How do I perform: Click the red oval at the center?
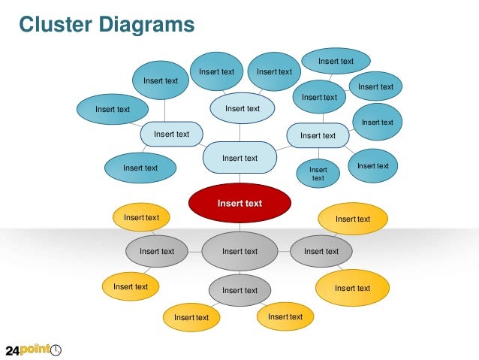[239, 202]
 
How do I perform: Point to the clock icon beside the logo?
[56, 349]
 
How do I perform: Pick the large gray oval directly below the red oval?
[239, 251]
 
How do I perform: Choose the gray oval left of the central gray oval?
[156, 251]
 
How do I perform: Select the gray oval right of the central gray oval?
[321, 251]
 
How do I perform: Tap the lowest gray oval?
[239, 290]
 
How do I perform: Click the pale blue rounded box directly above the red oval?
[239, 158]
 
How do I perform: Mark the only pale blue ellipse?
[242, 108]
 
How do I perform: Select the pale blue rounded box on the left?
[171, 134]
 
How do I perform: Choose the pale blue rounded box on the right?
[318, 135]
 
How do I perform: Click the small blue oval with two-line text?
[318, 174]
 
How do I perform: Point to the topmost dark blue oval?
[336, 62]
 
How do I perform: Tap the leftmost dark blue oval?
[112, 109]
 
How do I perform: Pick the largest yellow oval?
[352, 288]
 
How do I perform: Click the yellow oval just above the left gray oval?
[141, 217]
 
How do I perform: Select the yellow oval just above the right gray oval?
[352, 219]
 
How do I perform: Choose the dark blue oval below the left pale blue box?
[140, 168]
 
